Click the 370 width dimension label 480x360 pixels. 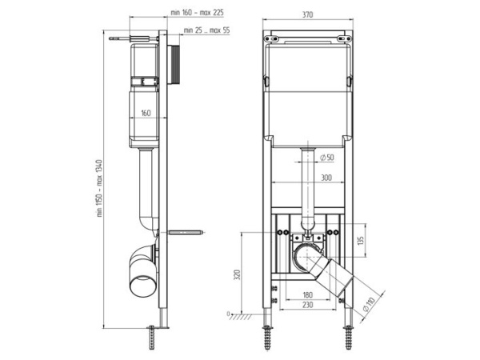tap(308, 14)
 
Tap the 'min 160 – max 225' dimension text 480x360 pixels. tap(197, 13)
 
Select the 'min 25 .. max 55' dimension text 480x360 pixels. tap(206, 30)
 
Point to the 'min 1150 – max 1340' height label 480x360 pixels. tap(99, 188)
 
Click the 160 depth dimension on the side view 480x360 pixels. tap(146, 113)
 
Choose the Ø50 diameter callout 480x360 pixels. tap(326, 158)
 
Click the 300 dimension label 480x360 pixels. tap(326, 178)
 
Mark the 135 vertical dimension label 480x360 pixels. tap(361, 240)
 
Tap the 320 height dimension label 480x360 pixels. tap(237, 274)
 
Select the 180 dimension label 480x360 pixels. tap(308, 294)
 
